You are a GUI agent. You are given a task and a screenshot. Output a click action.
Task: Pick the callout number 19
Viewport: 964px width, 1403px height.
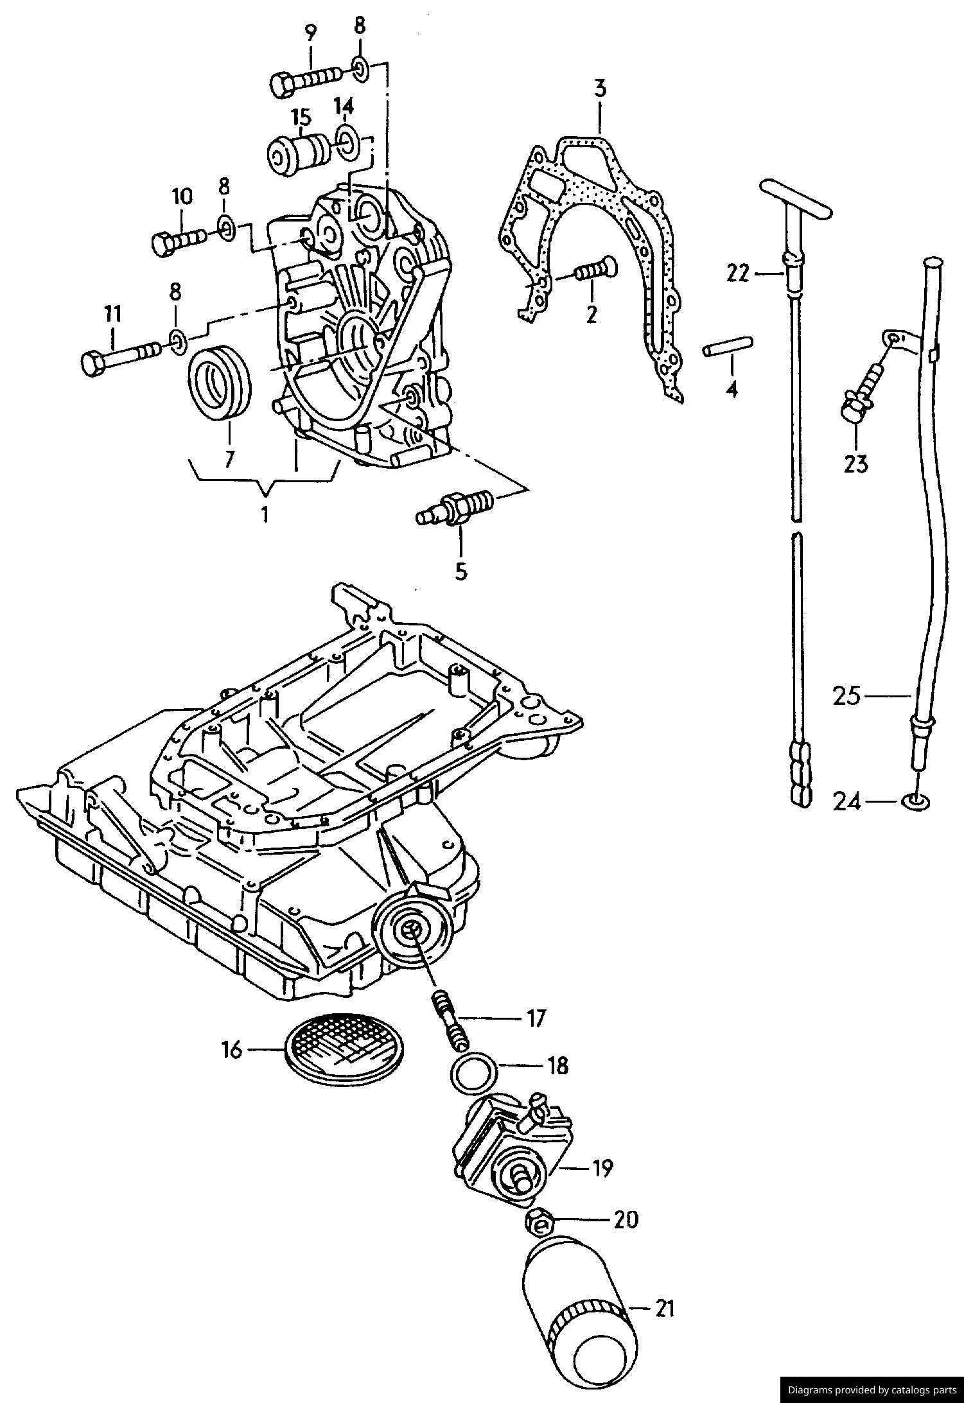pos(601,1168)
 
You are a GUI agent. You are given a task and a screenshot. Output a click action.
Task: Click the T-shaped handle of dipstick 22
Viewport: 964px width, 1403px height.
pos(795,198)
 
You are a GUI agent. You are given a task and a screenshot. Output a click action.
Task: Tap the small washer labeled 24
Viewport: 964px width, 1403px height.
pos(916,801)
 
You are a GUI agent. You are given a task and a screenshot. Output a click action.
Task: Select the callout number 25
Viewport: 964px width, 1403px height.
pos(846,696)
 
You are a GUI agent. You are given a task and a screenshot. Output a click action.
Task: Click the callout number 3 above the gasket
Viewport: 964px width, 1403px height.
pos(599,89)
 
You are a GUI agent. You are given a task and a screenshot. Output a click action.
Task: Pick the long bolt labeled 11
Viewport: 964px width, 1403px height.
pos(123,358)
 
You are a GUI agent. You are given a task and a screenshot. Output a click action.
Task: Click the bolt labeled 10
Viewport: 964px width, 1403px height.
pos(179,240)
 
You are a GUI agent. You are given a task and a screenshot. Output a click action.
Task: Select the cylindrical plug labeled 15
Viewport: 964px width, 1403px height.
pos(299,153)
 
